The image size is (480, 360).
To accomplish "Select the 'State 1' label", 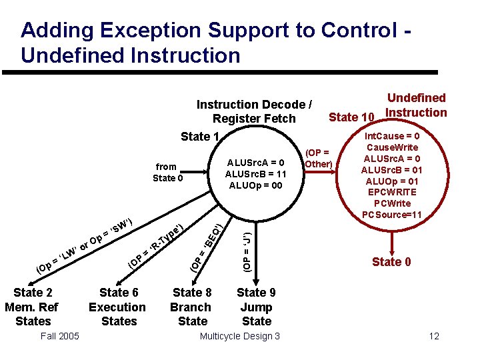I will pos(200,137).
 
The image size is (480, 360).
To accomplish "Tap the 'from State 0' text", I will pos(166,172).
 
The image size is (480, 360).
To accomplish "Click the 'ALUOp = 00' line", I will pos(256,185).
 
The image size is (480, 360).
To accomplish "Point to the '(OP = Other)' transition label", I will pos(317,158).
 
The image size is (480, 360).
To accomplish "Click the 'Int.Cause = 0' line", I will pos(392,135).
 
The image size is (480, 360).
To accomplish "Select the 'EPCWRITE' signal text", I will pos(392,192).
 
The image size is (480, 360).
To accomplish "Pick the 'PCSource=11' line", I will pos(392,215).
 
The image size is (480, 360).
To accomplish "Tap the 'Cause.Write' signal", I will pos(392,147).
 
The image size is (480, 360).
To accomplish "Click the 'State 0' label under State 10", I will pos(391,262).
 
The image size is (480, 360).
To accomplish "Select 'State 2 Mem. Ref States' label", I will pos(32,307).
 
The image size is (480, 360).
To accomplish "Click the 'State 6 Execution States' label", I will pos(118,307).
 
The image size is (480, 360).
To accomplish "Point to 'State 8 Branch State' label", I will pos(192,307).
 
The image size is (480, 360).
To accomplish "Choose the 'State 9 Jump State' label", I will pos(256,307).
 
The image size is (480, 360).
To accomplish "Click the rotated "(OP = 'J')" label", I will pos(247,251).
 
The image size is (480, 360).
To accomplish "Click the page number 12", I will pos(434,336).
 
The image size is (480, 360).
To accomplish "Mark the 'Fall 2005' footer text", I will pos(59,336).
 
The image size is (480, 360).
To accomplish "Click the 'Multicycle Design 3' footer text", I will pos(240,336).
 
